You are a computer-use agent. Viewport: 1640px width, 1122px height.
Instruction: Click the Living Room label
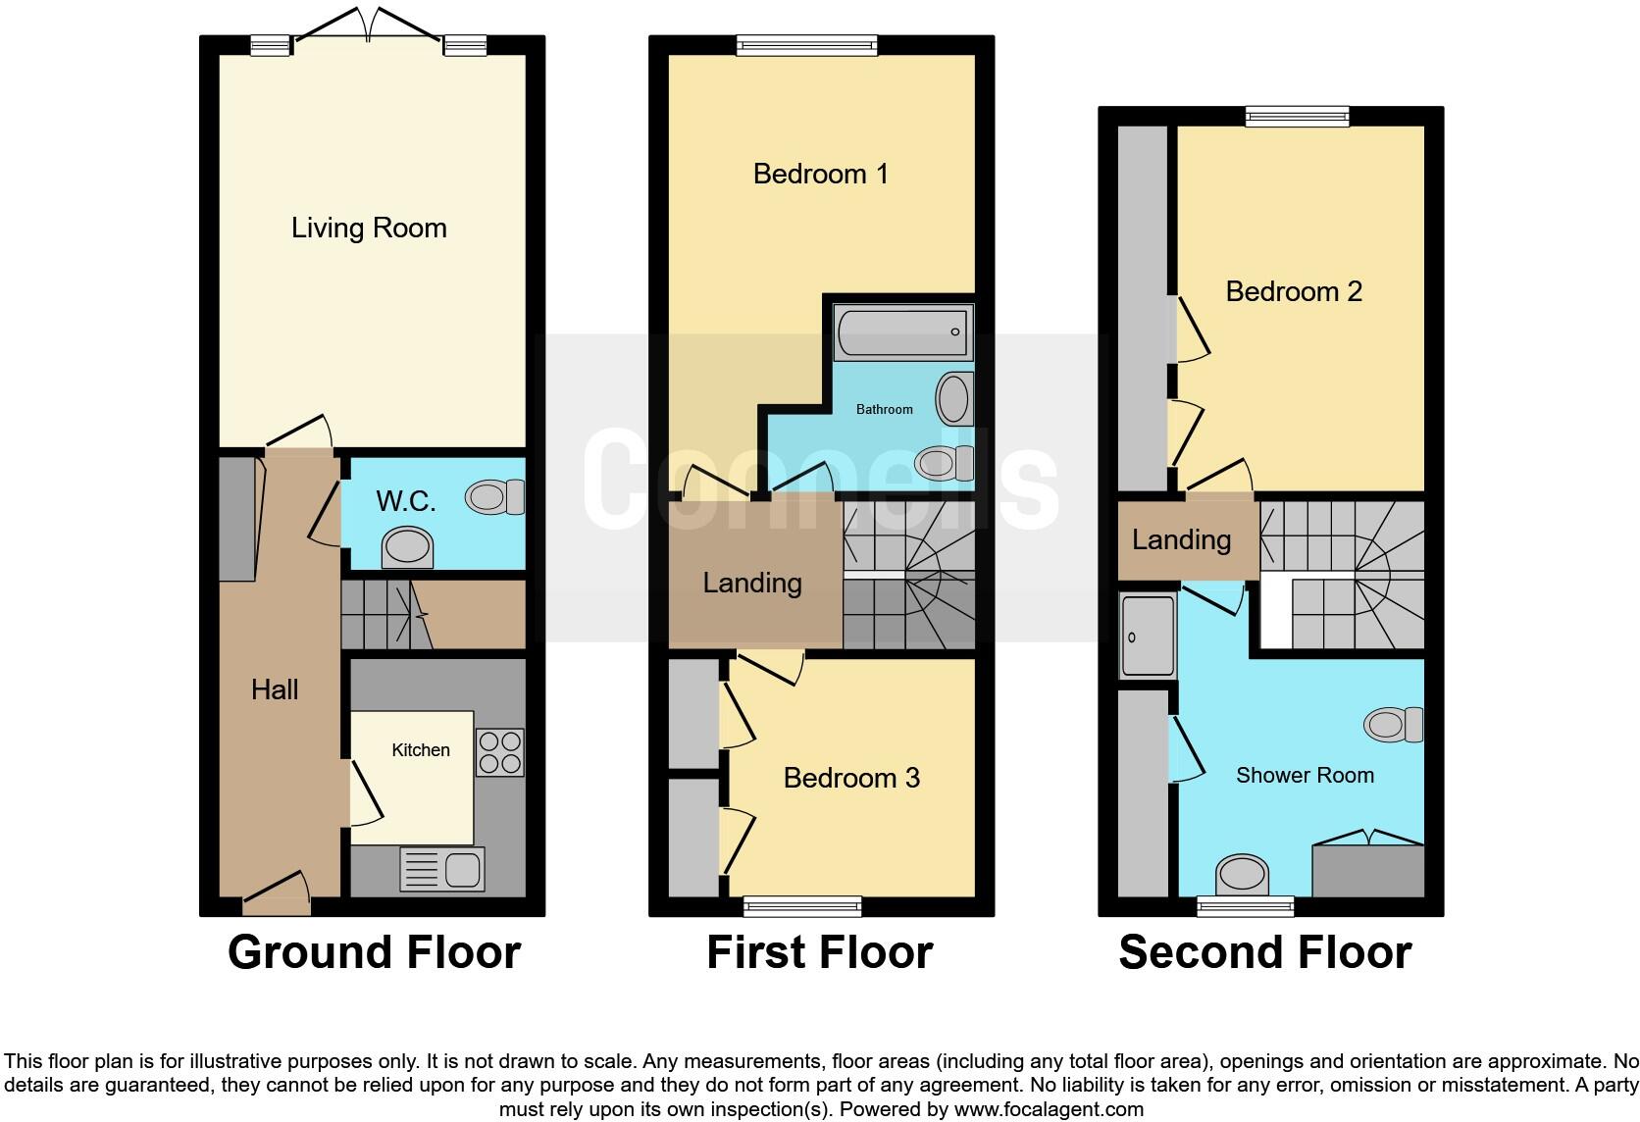(369, 228)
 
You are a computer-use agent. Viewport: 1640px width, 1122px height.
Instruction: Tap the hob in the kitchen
(499, 752)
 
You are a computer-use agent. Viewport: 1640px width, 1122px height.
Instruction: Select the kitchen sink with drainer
(442, 869)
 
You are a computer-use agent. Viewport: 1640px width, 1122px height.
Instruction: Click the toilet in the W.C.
(497, 497)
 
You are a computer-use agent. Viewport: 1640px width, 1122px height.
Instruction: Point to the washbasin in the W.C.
(407, 548)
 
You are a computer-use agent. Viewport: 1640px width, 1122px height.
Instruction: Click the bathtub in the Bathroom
(902, 331)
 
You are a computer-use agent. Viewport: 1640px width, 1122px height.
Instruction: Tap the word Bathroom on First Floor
(884, 409)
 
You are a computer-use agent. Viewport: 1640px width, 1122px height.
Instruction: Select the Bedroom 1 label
(820, 174)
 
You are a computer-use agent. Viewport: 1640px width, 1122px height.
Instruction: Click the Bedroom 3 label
(851, 778)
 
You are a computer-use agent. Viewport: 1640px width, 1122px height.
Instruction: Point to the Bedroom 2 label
(1294, 291)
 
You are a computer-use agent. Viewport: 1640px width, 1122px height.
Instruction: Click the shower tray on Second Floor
(1148, 636)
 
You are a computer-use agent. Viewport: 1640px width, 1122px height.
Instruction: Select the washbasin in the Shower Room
(1242, 873)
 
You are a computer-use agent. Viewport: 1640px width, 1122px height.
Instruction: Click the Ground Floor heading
(374, 952)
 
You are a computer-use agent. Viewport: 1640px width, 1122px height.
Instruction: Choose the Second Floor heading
(1264, 952)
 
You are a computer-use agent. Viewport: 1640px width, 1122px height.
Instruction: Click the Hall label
(275, 689)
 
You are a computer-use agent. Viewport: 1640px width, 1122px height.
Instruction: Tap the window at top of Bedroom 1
(806, 44)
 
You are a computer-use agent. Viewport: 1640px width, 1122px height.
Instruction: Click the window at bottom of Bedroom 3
(802, 906)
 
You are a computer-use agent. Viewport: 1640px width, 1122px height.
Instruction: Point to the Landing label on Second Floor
(1181, 539)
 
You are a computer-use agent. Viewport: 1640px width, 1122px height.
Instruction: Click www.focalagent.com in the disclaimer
(1049, 1109)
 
